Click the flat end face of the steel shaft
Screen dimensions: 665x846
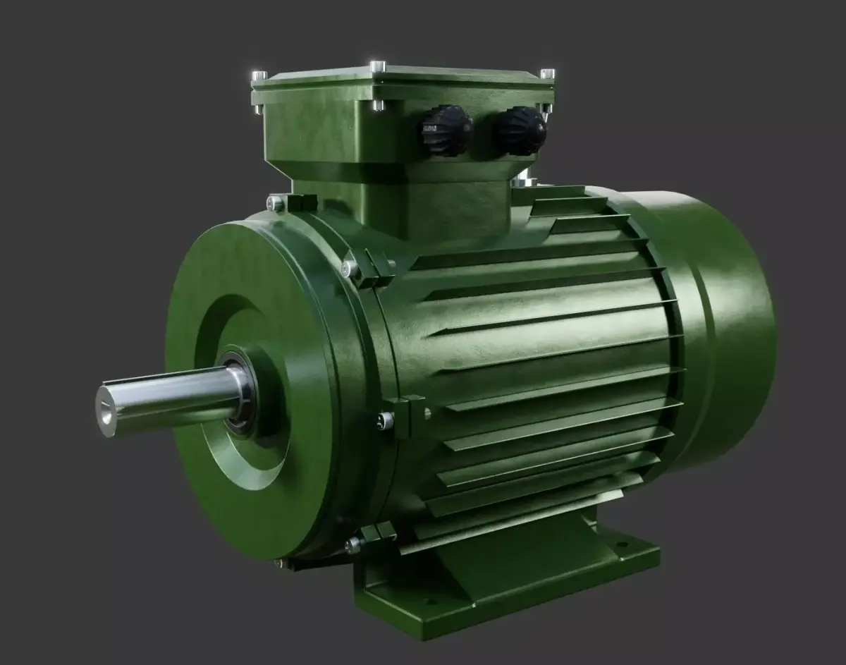click(106, 409)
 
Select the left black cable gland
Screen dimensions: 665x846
click(446, 130)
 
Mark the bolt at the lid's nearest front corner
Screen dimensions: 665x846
click(378, 105)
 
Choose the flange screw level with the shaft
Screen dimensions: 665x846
click(384, 421)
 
